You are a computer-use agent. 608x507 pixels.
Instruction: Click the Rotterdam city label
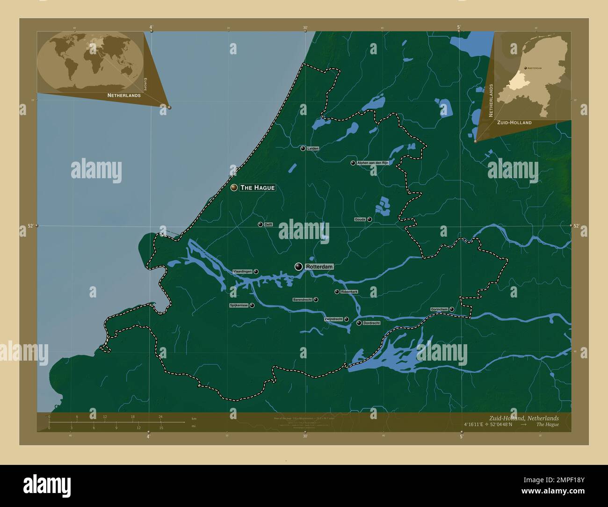point(319,267)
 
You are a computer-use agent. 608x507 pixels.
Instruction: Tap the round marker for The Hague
point(234,188)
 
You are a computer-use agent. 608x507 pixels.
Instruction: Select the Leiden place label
point(313,148)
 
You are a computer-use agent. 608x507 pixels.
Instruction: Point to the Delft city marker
point(260,225)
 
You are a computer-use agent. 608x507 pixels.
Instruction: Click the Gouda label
point(360,219)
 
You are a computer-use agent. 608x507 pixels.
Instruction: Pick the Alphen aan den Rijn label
point(372,163)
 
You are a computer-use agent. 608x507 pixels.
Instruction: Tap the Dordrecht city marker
point(359,323)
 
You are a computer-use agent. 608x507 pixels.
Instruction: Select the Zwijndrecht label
point(333,319)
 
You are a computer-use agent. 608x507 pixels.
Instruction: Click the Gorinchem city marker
point(452,309)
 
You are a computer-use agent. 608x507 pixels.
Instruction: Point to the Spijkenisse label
point(239,305)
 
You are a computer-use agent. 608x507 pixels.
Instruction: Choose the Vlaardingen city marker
point(256,271)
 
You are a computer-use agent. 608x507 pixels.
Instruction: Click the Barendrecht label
point(302,299)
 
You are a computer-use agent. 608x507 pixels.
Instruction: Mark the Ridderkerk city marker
point(337,292)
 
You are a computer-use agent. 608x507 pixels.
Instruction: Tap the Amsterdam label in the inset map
point(535,68)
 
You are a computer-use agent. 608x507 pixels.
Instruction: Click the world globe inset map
point(90,61)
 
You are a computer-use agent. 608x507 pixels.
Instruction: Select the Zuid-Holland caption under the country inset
point(514,123)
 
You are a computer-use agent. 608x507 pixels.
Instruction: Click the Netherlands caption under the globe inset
point(124,95)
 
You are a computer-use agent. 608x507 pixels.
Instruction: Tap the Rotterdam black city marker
point(298,267)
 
